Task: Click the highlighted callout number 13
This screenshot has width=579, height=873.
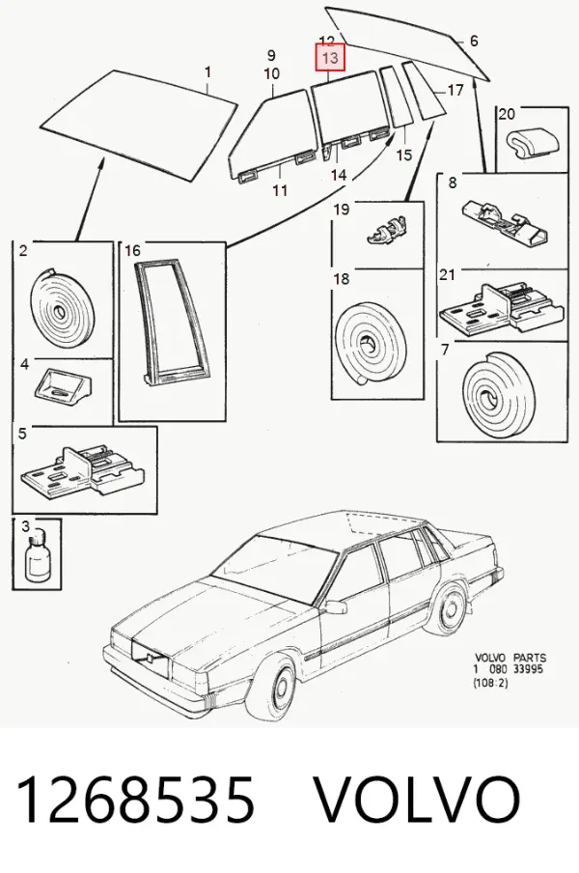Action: point(330,58)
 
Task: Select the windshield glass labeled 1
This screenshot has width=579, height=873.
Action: point(139,126)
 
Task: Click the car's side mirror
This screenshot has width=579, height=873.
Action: point(336,606)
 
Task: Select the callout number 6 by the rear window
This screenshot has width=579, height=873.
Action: point(474,41)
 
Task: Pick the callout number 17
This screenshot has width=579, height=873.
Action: point(455,90)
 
